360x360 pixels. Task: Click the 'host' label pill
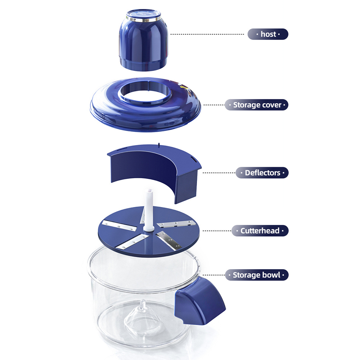[x=268, y=34]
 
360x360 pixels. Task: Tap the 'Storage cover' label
[x=256, y=105]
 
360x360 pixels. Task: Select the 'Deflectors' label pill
[x=262, y=173]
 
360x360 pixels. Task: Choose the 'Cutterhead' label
[x=260, y=231]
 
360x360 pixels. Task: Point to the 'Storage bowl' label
[x=257, y=275]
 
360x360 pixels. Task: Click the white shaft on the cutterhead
[x=149, y=210]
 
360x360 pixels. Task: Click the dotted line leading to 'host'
[x=207, y=34]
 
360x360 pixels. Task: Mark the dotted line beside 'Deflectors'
[x=219, y=173]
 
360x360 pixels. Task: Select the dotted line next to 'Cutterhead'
[x=217, y=231]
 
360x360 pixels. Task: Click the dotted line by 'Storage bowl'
[x=214, y=275]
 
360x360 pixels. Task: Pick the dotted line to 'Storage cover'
[x=214, y=105]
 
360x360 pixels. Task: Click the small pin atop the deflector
[x=159, y=145]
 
